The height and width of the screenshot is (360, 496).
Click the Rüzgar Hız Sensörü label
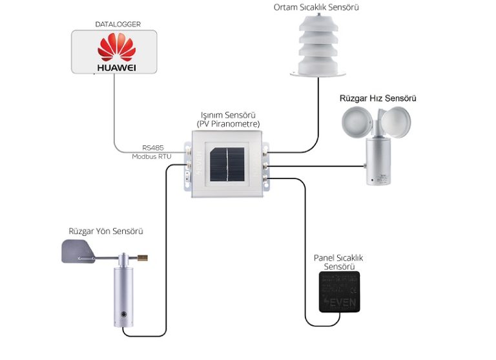[378, 99]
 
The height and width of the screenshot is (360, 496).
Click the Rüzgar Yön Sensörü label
[106, 231]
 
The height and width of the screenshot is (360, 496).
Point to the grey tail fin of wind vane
[76, 251]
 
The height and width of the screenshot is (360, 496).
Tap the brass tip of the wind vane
[143, 259]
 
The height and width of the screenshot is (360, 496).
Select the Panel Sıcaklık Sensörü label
[338, 262]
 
